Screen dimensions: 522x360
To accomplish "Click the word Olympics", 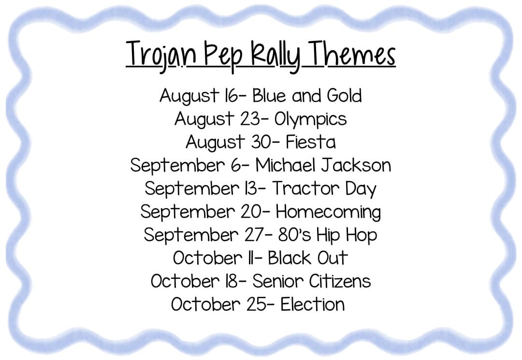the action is coord(311,119).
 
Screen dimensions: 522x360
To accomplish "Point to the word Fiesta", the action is coord(311,142).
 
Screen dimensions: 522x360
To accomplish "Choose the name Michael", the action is coord(285,165).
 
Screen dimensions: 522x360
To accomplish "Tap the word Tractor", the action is coord(305,188).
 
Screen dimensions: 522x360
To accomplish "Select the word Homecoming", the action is coord(328,212).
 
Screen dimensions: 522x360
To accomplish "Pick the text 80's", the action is coord(294,235).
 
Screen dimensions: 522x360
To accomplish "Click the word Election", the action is coord(312,304).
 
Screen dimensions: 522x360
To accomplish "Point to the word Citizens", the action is coord(340,281).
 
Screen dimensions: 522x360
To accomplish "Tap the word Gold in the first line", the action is coord(344,96).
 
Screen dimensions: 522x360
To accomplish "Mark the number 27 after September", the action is coord(254,235).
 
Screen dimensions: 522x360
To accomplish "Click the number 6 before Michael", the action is coord(236,165).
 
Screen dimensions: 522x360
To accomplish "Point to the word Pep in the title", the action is coord(223,55).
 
